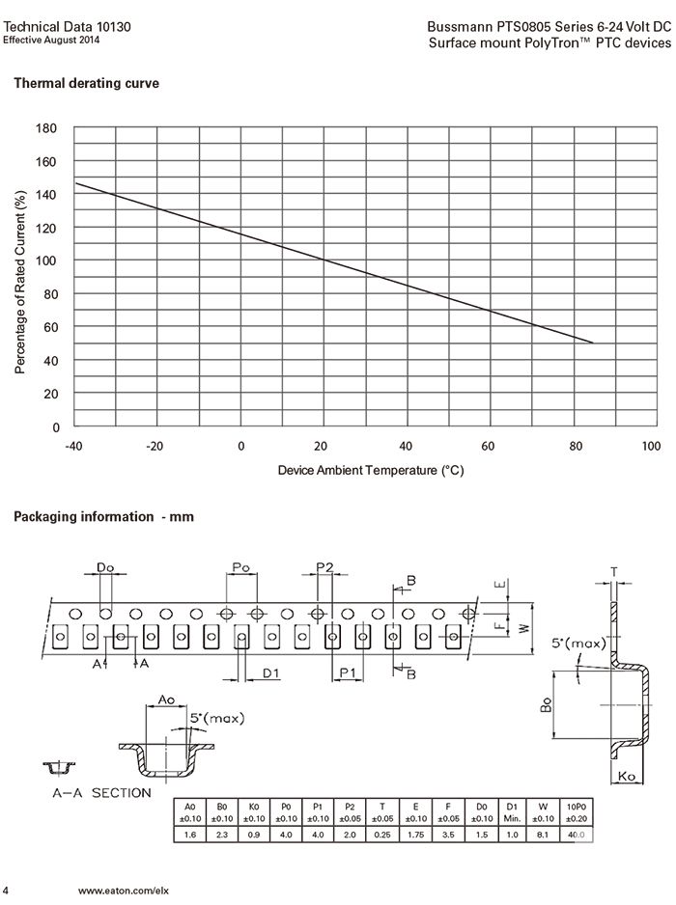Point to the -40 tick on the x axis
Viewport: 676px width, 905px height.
(73, 446)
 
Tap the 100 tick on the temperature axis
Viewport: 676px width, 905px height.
(651, 446)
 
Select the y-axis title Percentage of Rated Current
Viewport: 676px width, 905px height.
(20, 282)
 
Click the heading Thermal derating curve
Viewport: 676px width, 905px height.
(86, 84)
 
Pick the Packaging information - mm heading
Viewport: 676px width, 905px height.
(103, 517)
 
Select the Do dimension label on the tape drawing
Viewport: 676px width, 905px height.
(105, 568)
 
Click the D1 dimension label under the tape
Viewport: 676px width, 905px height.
(271, 672)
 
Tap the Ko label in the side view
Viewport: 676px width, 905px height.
(626, 777)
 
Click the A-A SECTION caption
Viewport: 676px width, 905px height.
(101, 793)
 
